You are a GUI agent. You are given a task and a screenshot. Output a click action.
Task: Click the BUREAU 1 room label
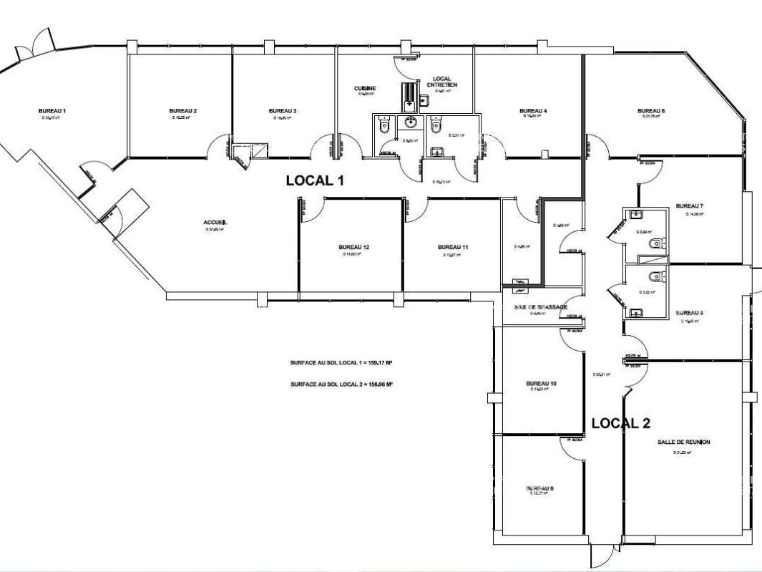click(52, 111)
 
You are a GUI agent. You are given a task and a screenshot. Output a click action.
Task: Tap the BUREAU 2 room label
click(183, 111)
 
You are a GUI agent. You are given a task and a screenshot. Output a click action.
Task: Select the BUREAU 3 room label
click(283, 111)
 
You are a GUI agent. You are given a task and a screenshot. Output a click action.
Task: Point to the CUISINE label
click(365, 89)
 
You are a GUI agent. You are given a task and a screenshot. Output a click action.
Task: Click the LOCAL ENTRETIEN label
click(441, 82)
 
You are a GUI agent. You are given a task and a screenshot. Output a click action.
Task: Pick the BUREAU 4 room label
click(533, 111)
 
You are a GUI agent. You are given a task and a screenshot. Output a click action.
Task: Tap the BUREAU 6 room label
click(652, 111)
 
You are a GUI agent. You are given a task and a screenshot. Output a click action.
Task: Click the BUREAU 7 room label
click(690, 206)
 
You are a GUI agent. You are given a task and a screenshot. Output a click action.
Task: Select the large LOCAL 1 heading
click(315, 180)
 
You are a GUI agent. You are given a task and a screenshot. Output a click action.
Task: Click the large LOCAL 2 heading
click(620, 423)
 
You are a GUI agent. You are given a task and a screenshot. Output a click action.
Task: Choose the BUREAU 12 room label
click(353, 248)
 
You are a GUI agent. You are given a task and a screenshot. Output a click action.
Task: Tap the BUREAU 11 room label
click(453, 248)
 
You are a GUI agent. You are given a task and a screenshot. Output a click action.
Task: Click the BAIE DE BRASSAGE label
click(540, 307)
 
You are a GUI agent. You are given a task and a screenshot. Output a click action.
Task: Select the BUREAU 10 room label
click(541, 384)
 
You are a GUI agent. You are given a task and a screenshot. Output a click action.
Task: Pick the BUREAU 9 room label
click(539, 488)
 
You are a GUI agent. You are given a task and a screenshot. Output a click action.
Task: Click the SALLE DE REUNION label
click(683, 442)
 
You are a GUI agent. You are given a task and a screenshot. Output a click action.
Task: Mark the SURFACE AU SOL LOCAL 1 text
click(341, 363)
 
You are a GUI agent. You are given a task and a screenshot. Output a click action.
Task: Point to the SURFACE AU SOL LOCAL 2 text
click(341, 384)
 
